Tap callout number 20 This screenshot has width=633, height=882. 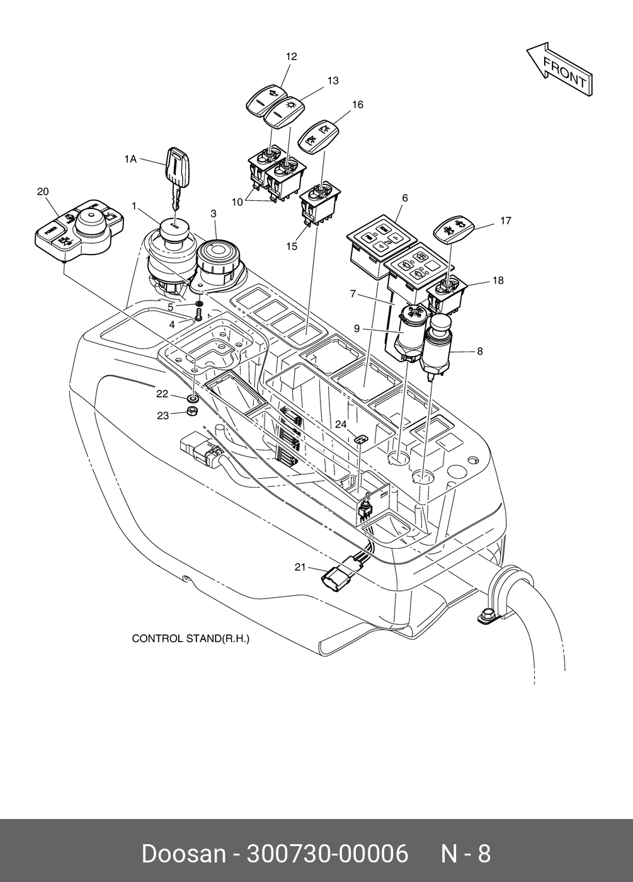pos(43,192)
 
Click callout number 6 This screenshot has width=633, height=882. pos(405,198)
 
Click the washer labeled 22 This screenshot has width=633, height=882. pos(193,398)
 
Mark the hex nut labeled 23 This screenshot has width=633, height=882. pos(194,413)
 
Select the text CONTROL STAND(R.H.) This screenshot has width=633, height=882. pos(190,639)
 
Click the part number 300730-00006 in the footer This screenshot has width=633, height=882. pos(327,854)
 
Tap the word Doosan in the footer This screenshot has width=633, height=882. pos(183,854)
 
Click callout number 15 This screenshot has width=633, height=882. pos(291,246)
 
